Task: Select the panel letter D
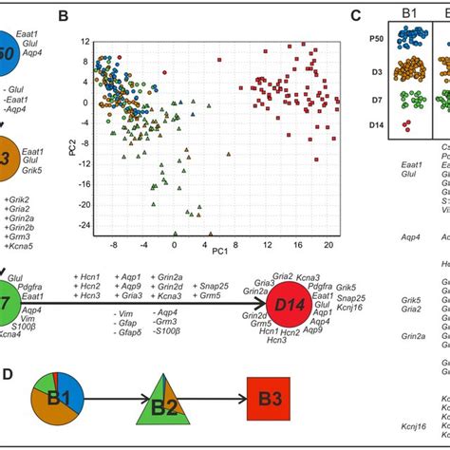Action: (8, 348)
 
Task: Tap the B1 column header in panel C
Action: (411, 14)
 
